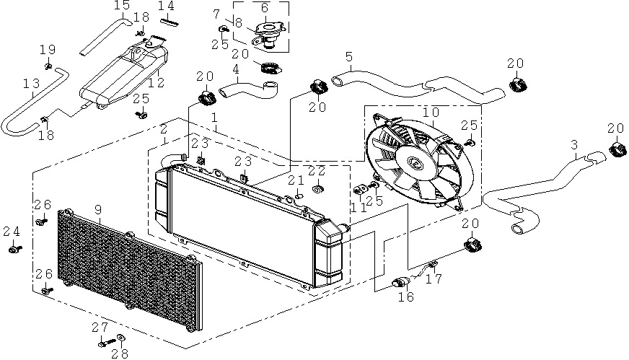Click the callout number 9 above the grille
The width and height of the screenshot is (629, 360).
point(98,210)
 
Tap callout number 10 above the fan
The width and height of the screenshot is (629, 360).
point(431,113)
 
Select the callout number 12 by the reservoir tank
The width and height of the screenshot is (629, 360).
point(157,83)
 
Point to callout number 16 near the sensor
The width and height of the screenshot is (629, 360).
point(406,297)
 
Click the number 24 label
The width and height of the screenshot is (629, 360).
point(12,232)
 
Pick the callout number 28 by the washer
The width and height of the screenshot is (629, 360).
point(120,354)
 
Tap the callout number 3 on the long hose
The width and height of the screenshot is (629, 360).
point(574,144)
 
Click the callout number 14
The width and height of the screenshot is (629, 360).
point(166,6)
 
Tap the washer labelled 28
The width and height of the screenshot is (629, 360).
point(120,338)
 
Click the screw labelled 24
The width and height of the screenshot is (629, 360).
point(15,250)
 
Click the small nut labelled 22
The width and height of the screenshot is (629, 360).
point(318,188)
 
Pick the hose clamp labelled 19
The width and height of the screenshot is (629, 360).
point(48,66)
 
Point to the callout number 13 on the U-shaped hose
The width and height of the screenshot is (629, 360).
point(32,84)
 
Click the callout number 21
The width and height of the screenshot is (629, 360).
point(297,180)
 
